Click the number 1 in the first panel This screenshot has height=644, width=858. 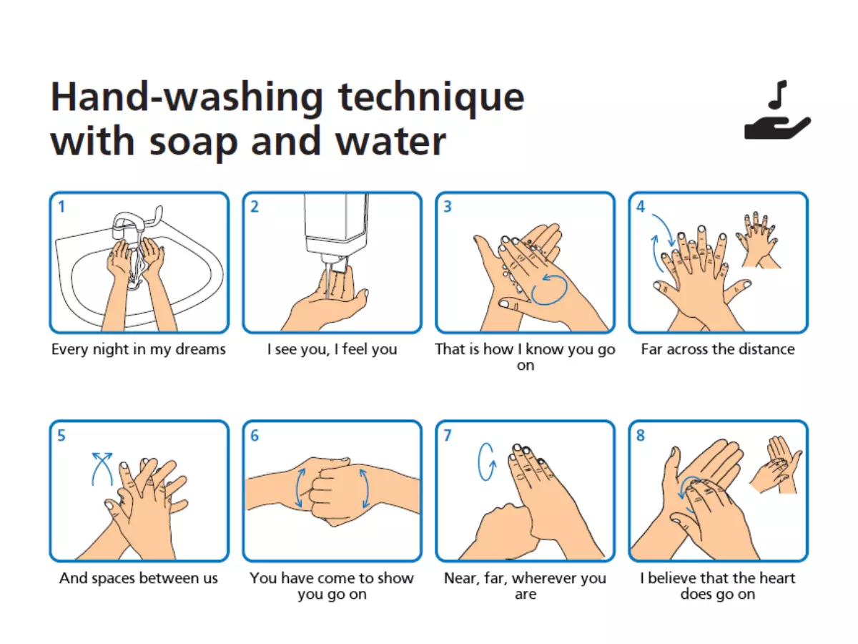pyautogui.click(x=61, y=207)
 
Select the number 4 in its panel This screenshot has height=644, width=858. pyautogui.click(x=640, y=207)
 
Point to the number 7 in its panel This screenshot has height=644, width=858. pyautogui.click(x=448, y=436)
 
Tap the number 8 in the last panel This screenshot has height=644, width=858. pyautogui.click(x=640, y=436)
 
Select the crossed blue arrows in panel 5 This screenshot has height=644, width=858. pyautogui.click(x=102, y=469)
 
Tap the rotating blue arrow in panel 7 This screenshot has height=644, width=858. pyautogui.click(x=487, y=462)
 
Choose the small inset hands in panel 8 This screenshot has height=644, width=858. pyautogui.click(x=776, y=464)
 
